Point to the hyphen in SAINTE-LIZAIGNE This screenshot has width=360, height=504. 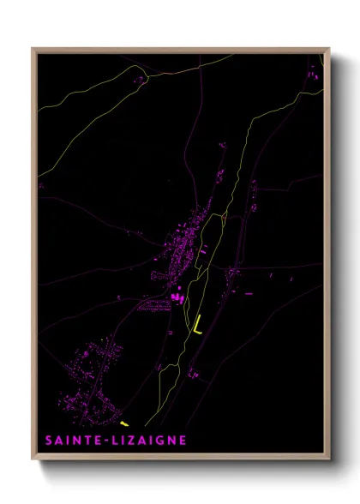coord(100,441)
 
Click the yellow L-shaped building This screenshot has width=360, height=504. coord(197,326)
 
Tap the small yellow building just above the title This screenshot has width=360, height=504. coord(124,423)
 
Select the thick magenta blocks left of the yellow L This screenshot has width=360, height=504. coord(177,297)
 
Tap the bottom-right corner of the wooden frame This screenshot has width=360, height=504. coord(329,459)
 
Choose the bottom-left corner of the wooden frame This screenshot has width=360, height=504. coord(33,459)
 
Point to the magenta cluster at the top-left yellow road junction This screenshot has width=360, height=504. coord(139,79)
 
